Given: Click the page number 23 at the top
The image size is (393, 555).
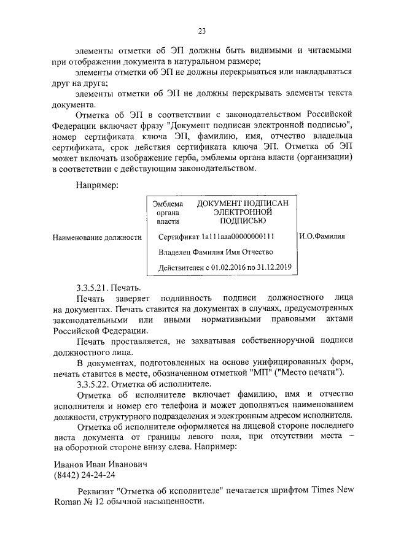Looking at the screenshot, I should pos(201,31).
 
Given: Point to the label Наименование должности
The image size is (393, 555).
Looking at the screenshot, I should pos(97,237).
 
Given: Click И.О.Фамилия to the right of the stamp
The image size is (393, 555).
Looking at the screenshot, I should pos(322,235).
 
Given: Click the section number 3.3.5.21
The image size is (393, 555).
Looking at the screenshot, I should pos(94,287).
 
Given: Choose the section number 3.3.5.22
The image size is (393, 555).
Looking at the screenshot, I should pos(94,384).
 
